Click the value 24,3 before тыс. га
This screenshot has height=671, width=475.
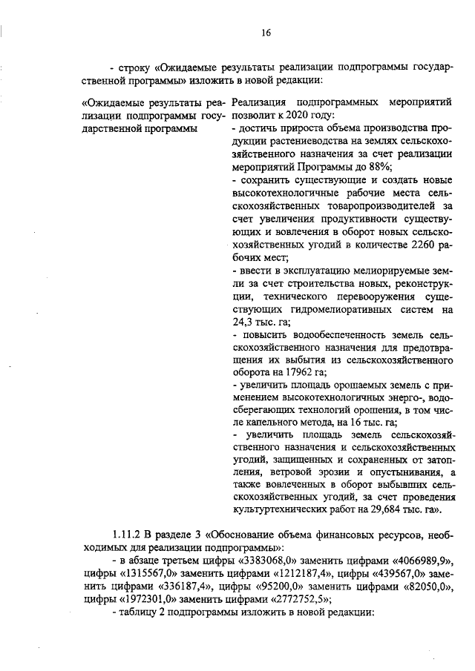coord(246,322)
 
